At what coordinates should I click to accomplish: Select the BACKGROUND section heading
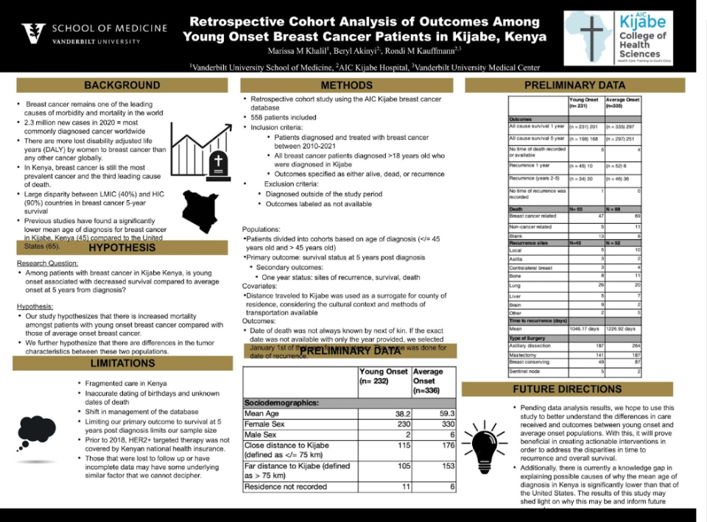(122, 85)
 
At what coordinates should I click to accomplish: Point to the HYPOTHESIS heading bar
(122, 248)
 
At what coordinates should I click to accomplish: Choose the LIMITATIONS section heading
(122, 363)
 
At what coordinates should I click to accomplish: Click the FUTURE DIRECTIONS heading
(577, 389)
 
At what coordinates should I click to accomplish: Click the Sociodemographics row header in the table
(282, 403)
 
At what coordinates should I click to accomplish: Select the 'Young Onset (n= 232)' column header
(384, 377)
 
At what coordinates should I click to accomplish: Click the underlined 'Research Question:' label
(47, 263)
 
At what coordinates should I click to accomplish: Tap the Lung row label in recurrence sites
(515, 285)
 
